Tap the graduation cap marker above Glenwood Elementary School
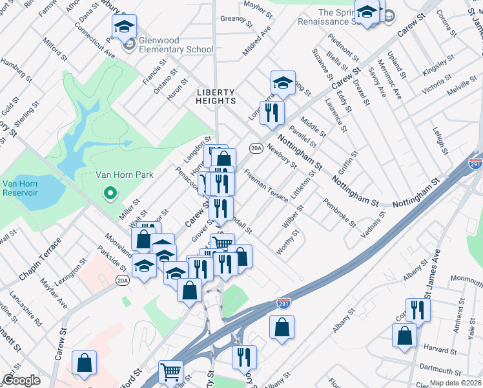(x=123, y=28)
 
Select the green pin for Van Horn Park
(x=110, y=192)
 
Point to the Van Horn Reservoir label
(x=19, y=189)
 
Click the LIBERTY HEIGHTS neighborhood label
(x=216, y=96)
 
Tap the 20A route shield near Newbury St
(x=256, y=148)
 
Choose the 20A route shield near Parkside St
(x=122, y=280)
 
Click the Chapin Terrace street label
(x=40, y=259)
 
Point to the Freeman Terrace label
(x=266, y=186)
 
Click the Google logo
(x=21, y=380)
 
